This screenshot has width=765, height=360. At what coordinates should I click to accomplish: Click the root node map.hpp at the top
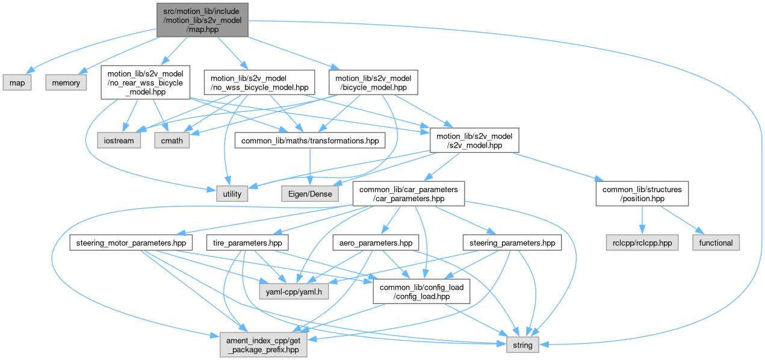pos(202,19)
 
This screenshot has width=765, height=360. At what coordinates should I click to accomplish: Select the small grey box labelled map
pos(17,82)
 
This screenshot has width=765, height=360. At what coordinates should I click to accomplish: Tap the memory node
pos(66,82)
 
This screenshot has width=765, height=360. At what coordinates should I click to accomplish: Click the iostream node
pos(119,140)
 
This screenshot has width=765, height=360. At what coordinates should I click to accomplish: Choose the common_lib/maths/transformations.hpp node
pos(310,140)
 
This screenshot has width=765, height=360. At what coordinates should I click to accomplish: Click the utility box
pos(232,193)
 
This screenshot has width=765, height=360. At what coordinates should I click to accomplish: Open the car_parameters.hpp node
pos(409,193)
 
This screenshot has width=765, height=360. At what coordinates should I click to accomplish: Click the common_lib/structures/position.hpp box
pos(642,193)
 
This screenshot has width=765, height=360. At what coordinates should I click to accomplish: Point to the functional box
pos(716,243)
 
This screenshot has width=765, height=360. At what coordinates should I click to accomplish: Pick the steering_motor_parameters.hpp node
pos(131,243)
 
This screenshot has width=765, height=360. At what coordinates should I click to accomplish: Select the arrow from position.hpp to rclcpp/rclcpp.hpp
pos(642,220)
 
